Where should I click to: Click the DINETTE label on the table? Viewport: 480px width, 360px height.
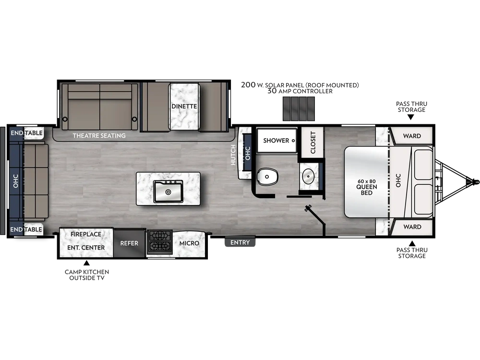pos(184,106)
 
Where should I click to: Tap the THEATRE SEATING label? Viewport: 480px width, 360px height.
pos(99,136)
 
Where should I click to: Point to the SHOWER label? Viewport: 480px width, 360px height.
pos(276,141)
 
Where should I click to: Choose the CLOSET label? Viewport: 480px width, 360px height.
pos(313,143)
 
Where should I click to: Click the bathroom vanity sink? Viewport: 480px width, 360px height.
pos(307,176)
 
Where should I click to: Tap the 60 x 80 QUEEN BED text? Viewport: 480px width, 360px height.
pos(367,187)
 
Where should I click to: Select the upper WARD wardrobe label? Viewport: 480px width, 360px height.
pos(412,136)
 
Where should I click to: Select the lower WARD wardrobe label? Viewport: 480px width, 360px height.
pos(412,227)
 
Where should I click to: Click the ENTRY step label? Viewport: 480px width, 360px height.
pos(240,242)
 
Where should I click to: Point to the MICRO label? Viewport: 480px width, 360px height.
pos(189,243)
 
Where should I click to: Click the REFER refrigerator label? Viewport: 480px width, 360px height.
pos(129,243)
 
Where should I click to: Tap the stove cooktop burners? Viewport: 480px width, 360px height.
pos(160,241)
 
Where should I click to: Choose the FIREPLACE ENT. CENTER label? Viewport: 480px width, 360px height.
pos(86,241)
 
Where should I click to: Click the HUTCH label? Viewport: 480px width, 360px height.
pos(233,155)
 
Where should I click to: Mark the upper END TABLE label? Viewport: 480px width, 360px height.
pos(27,133)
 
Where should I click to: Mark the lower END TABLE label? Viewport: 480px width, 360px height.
pos(27,230)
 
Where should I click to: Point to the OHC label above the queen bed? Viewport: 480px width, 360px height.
pos(398,180)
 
